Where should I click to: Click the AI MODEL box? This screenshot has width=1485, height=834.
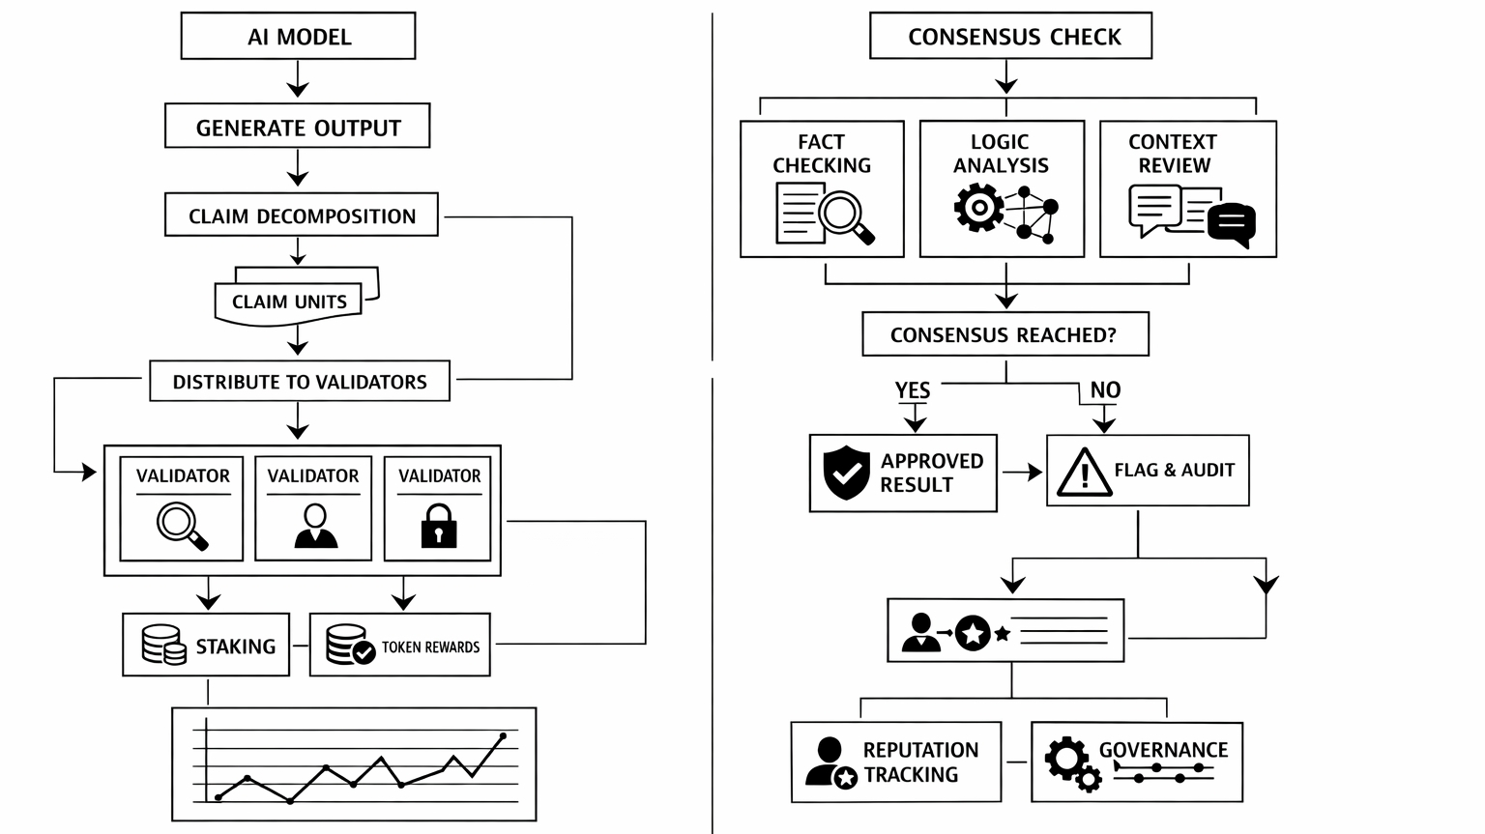(298, 37)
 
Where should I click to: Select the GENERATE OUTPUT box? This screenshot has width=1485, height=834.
(298, 127)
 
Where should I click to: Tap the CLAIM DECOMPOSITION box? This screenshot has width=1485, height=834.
(302, 216)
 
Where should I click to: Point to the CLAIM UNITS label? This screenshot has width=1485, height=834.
(289, 302)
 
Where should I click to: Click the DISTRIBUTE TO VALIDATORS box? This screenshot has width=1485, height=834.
(300, 382)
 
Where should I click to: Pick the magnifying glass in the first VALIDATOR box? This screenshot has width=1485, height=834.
(182, 526)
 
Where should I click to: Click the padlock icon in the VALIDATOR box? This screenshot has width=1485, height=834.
(439, 526)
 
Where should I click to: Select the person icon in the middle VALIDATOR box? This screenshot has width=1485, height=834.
(315, 526)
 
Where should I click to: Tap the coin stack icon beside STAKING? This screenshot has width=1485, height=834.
(163, 645)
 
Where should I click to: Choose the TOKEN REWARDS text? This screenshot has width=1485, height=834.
(430, 647)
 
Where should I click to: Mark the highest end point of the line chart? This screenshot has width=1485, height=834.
(503, 736)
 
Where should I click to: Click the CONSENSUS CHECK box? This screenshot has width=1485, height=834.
(1011, 37)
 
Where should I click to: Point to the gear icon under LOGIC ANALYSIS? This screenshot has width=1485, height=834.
(978, 208)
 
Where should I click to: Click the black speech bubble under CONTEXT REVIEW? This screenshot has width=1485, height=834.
(1232, 224)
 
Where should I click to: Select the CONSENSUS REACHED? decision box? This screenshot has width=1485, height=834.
(1005, 334)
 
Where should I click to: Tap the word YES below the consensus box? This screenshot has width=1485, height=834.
(913, 389)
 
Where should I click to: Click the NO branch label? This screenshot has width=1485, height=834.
(1105, 389)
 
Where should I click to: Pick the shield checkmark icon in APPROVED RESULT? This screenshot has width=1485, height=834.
(846, 473)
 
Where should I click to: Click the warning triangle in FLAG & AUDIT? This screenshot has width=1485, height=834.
(1083, 472)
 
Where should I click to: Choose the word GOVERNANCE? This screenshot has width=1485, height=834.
(1163, 750)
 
